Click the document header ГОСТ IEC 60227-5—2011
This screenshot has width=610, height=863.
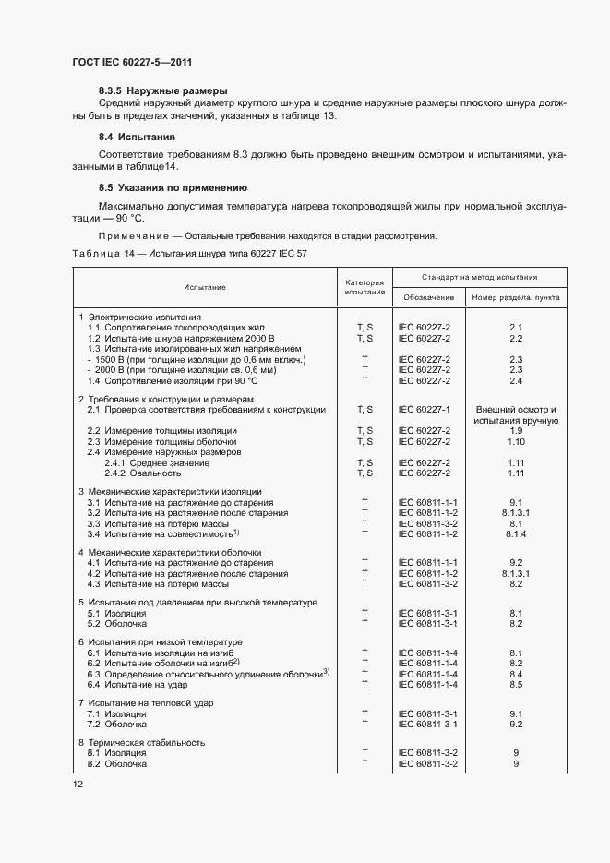pyautogui.click(x=132, y=61)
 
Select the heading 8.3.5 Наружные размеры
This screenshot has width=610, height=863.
pyautogui.click(x=162, y=90)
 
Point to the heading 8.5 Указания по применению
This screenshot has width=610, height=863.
pyautogui.click(x=173, y=187)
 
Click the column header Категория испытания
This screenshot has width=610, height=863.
pyautogui.click(x=365, y=287)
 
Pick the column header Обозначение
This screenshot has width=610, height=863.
pyautogui.click(x=427, y=297)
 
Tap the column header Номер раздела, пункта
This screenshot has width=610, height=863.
pyautogui.click(x=516, y=297)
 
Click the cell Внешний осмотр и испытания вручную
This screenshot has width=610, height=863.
pyautogui.click(x=516, y=414)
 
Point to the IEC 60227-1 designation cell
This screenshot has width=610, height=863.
pyautogui.click(x=424, y=409)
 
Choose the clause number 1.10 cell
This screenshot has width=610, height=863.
pyautogui.click(x=516, y=441)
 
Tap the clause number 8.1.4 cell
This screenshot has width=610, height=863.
pyautogui.click(x=516, y=533)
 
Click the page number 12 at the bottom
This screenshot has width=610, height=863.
pyautogui.click(x=78, y=784)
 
